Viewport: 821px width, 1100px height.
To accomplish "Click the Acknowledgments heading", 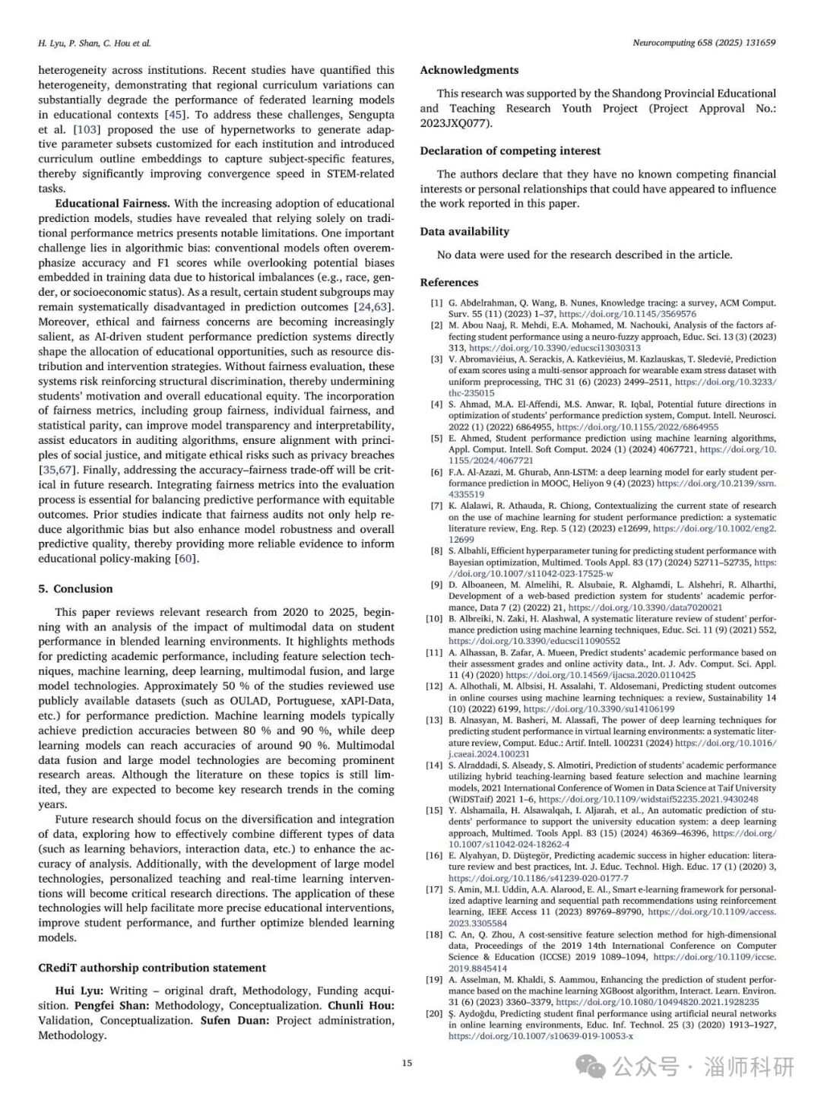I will click(x=469, y=70).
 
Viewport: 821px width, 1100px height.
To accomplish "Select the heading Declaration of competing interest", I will click(x=510, y=151).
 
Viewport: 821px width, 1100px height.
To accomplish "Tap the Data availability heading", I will click(x=464, y=231).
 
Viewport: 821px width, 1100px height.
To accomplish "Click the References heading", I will click(x=449, y=282).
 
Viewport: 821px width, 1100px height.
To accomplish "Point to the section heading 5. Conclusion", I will click(x=75, y=588).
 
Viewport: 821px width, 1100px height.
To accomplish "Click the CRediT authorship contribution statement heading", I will click(x=152, y=968).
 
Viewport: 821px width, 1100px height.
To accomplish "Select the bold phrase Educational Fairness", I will click(x=113, y=203).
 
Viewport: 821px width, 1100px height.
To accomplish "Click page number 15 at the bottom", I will click(x=407, y=1063).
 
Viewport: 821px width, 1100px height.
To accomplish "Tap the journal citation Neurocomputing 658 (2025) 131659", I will click(x=704, y=43).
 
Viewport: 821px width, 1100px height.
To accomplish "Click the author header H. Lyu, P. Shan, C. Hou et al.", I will click(x=94, y=43).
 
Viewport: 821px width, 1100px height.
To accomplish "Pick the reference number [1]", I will click(x=436, y=303).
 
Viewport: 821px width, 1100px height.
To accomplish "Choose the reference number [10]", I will click(x=434, y=619).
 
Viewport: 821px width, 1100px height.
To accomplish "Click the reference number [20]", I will click(x=434, y=1013).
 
